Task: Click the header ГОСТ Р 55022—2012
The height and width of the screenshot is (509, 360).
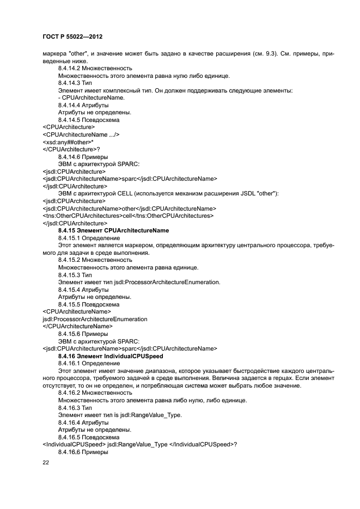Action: (x=72, y=35)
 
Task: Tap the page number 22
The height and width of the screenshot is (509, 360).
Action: (x=46, y=463)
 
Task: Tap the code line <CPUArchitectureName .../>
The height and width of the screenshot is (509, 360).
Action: (x=81, y=134)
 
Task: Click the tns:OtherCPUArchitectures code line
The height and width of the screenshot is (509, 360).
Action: (x=127, y=216)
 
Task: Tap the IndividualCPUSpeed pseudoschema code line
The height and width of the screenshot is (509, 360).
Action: (x=139, y=444)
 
